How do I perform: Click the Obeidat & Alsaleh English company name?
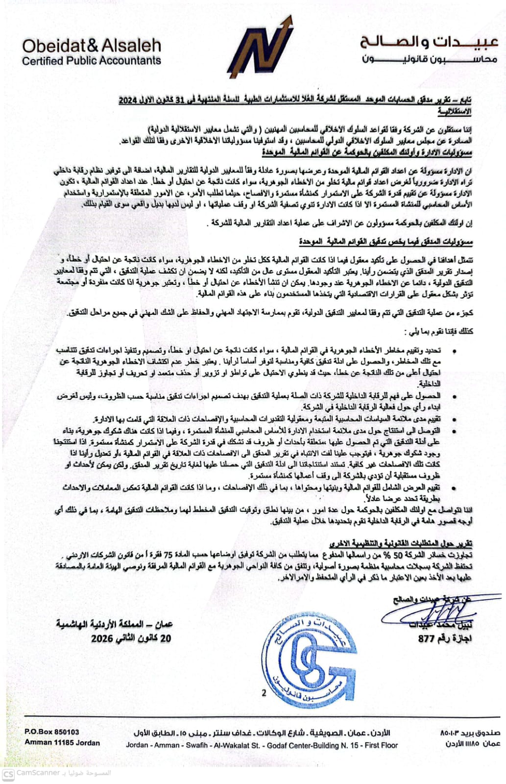point(92,46)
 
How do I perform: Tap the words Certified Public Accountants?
point(92,61)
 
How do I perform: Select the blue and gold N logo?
point(260,48)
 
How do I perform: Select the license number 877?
point(427,638)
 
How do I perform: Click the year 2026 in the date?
point(102,638)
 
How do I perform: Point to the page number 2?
point(265,693)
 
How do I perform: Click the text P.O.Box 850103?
point(52,732)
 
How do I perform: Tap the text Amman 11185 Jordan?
point(62,742)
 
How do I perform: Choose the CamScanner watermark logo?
point(8,773)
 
